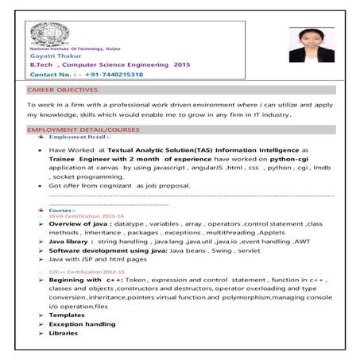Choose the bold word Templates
67,315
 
